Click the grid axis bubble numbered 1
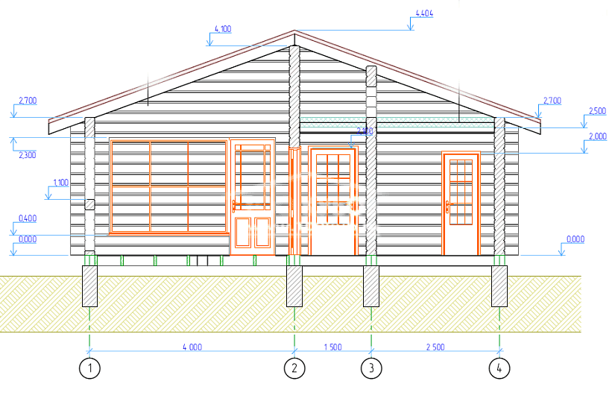[x=89, y=368]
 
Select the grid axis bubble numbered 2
[x=294, y=368]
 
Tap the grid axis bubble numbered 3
[x=370, y=368]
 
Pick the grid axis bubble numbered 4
[x=499, y=368]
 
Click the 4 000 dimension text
[x=192, y=347]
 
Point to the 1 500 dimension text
[x=332, y=347]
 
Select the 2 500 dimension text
[x=435, y=347]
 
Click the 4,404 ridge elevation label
[x=423, y=13]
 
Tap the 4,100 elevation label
[x=222, y=28]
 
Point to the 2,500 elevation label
[x=597, y=111]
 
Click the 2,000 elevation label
[x=597, y=136]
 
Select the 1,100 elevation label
[x=61, y=182]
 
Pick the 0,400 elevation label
[x=27, y=218]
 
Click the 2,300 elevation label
[x=27, y=154]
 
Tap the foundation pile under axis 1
[x=89, y=286]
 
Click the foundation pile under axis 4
[x=499, y=286]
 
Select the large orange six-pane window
[x=168, y=186]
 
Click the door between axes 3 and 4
[x=461, y=203]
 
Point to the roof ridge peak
[x=295, y=31]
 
